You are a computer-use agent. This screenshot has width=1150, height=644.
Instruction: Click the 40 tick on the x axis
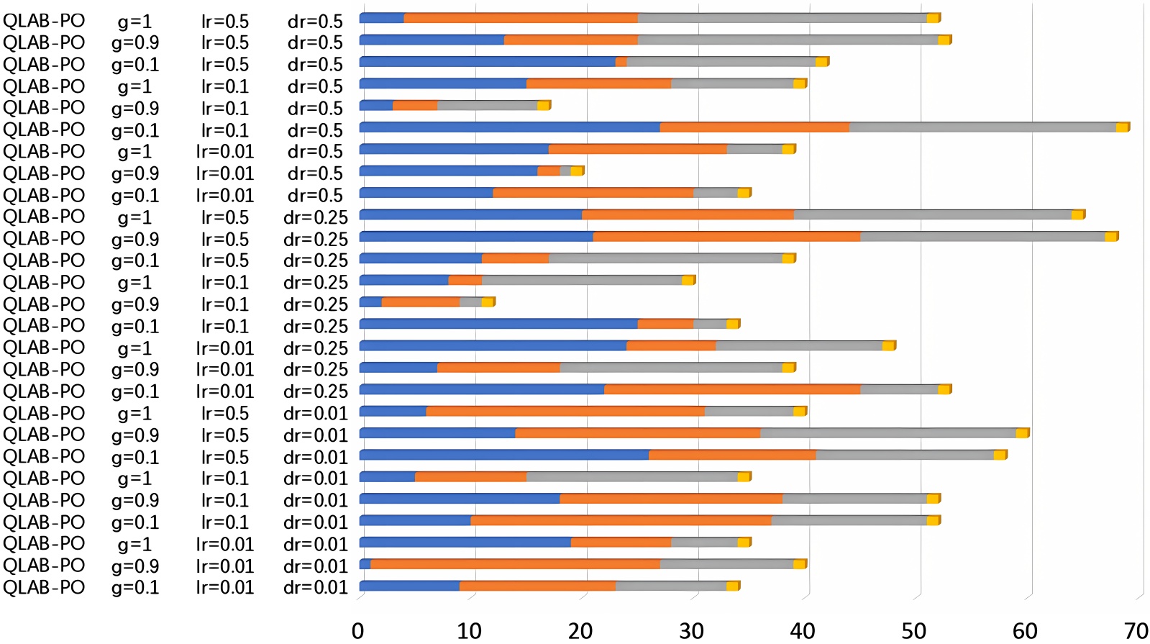[x=803, y=631]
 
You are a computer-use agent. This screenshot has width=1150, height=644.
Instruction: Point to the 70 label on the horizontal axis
[x=1136, y=631]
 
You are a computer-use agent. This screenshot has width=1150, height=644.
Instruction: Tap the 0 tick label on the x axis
[x=358, y=631]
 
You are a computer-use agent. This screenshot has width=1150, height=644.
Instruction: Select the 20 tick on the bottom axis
[x=580, y=631]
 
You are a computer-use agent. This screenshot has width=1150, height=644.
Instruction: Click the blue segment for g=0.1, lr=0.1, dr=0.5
[x=509, y=127]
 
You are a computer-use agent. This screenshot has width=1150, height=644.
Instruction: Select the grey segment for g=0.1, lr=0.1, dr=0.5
[x=982, y=127]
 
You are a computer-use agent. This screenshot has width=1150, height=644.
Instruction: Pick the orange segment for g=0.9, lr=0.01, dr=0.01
[x=515, y=564]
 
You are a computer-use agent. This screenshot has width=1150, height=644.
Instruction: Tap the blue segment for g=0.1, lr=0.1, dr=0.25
[x=498, y=324]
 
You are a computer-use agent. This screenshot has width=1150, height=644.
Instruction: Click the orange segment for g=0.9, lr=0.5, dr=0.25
[x=726, y=237]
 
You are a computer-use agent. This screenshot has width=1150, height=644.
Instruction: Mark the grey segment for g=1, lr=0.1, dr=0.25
[x=582, y=280]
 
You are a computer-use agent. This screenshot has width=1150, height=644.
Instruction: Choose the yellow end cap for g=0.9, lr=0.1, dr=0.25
[x=488, y=302]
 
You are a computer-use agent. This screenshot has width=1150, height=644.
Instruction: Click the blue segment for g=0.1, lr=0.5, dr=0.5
[x=487, y=62]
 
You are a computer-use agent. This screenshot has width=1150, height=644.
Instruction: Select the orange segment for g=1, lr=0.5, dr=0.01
[x=565, y=411]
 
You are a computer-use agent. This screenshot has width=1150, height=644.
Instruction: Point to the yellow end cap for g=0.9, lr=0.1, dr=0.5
[x=544, y=106]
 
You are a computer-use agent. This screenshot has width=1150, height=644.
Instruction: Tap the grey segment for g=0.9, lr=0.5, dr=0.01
[x=888, y=433]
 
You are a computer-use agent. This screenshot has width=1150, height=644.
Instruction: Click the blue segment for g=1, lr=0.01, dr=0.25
[x=493, y=346]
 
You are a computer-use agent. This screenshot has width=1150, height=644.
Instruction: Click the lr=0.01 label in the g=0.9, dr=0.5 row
[x=225, y=173]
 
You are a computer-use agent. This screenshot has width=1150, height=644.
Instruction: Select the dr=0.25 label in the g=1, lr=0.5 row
[x=315, y=217]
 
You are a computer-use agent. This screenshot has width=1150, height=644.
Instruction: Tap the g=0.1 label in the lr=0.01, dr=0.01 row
[x=135, y=587]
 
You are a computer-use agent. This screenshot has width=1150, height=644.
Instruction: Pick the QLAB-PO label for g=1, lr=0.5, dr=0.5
[x=44, y=21]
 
